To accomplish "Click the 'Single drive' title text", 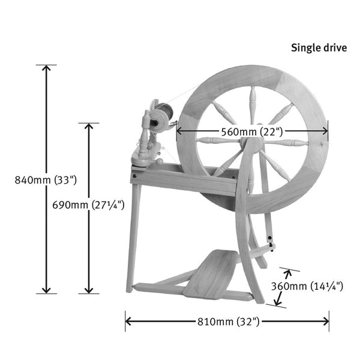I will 319,47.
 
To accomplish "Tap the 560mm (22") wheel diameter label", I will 252,131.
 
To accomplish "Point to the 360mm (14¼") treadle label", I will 307,286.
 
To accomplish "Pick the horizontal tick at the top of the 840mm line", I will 46,64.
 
